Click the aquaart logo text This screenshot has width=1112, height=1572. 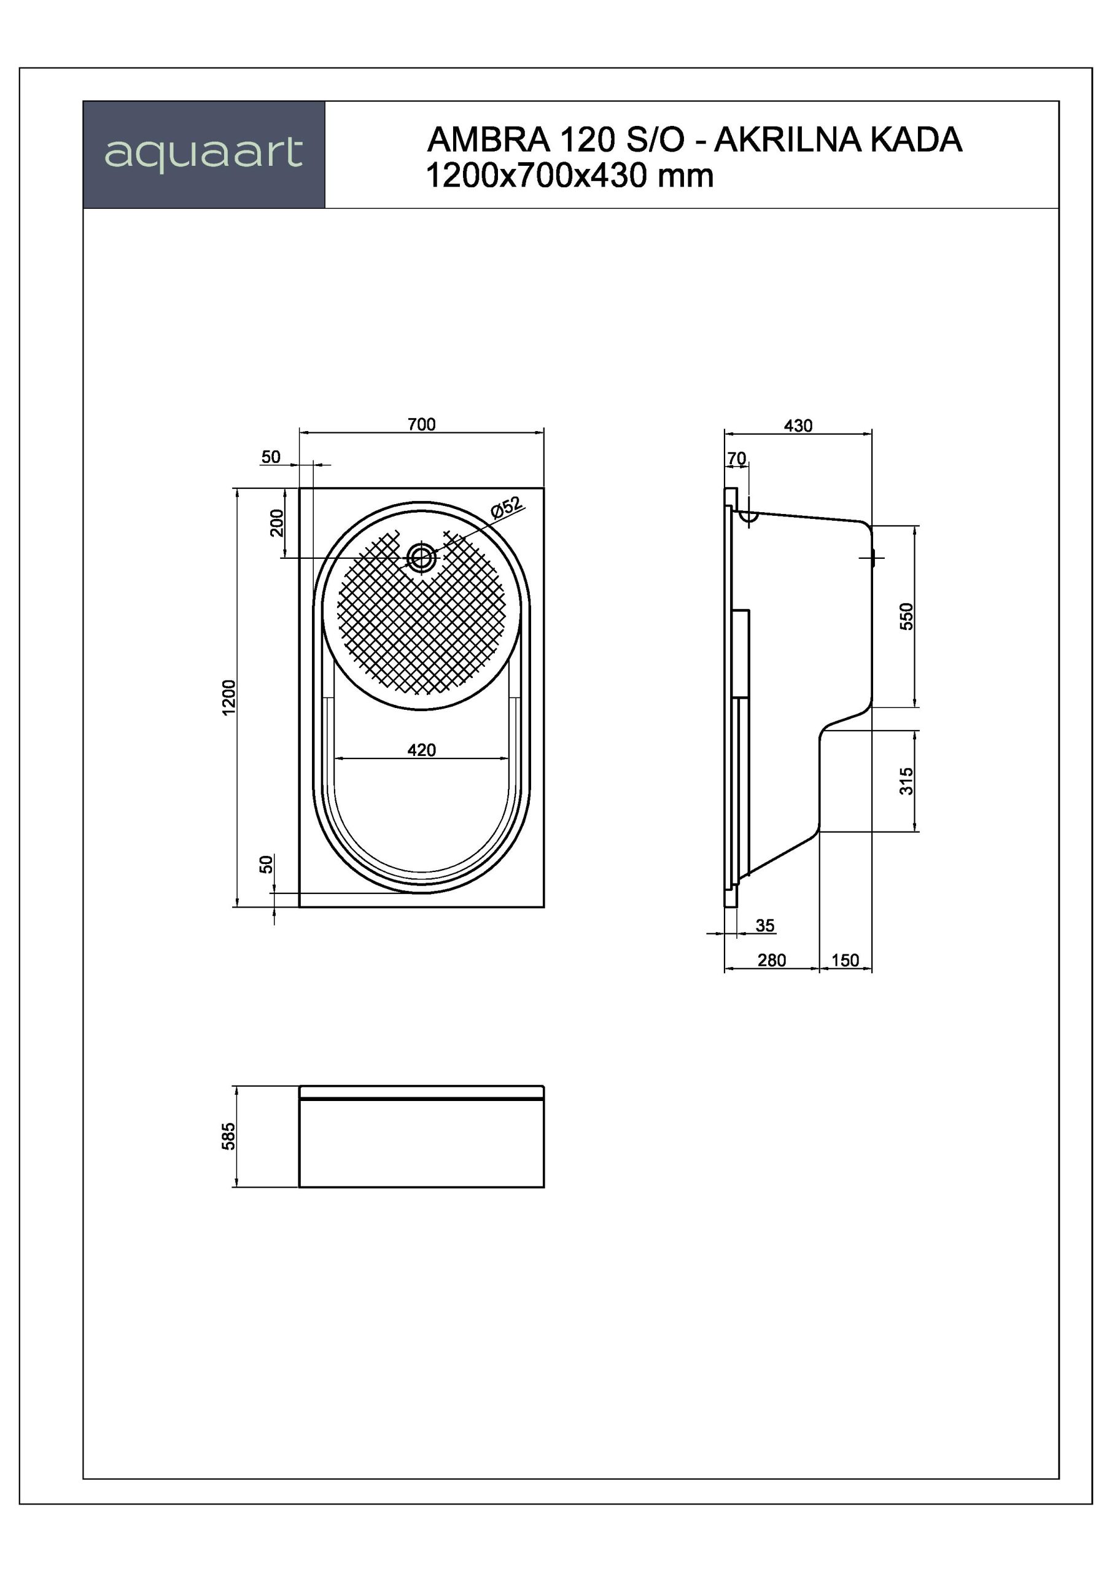pyautogui.click(x=203, y=154)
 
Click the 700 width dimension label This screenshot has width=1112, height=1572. pyautogui.click(x=421, y=424)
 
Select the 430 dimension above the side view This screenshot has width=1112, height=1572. pyautogui.click(x=798, y=426)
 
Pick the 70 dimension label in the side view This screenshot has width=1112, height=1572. pyautogui.click(x=737, y=458)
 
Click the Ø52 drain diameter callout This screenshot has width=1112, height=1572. pyautogui.click(x=507, y=507)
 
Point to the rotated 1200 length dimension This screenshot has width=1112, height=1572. pyautogui.click(x=228, y=698)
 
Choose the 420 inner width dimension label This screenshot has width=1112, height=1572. pyautogui.click(x=421, y=750)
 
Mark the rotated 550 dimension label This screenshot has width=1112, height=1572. pyautogui.click(x=906, y=616)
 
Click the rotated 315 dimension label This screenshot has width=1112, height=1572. pyautogui.click(x=906, y=781)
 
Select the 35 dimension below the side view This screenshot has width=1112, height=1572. pyautogui.click(x=765, y=925)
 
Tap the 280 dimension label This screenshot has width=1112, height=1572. pyautogui.click(x=772, y=960)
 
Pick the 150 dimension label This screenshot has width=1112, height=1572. pyautogui.click(x=845, y=960)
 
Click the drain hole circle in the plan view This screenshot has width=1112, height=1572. pyautogui.click(x=421, y=558)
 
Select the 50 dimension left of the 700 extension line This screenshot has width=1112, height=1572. pyautogui.click(x=271, y=457)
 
